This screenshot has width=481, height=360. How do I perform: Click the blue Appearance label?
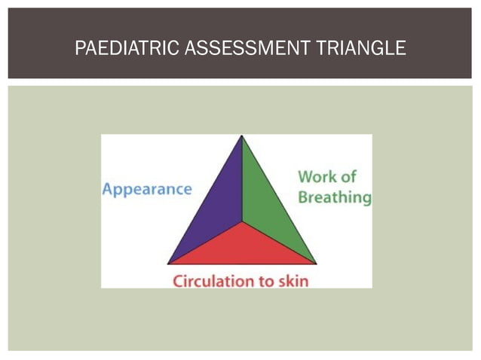pos(147,189)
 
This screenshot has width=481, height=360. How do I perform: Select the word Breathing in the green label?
pos(335,197)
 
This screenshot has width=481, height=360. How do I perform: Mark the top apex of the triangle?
pos(242,136)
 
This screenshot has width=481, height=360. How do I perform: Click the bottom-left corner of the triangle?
pos(168,264)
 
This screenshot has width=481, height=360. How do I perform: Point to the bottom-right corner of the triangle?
pos(316,264)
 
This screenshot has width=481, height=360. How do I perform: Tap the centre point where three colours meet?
pos(242,223)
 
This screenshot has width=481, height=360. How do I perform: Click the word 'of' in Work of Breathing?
pos(348,178)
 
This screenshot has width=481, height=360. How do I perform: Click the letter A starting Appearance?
pos(108,188)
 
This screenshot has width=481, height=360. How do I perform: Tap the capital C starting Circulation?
pos(178,282)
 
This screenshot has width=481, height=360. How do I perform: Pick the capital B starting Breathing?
pos(303,197)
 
